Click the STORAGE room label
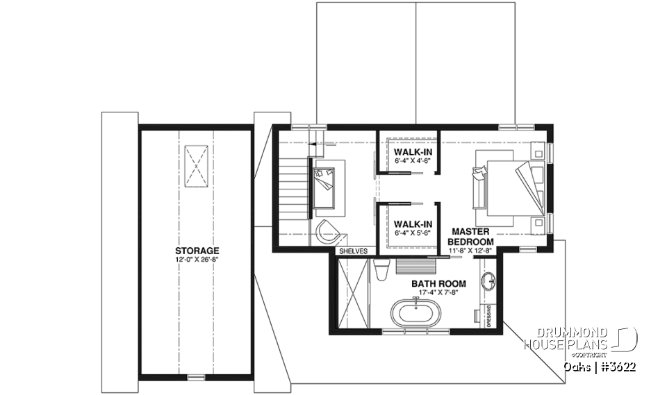[197, 251]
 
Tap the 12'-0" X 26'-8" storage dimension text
[197, 260]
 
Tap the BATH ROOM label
[438, 284]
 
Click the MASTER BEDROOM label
[472, 235]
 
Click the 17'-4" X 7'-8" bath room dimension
[438, 293]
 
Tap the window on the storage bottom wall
[197, 377]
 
